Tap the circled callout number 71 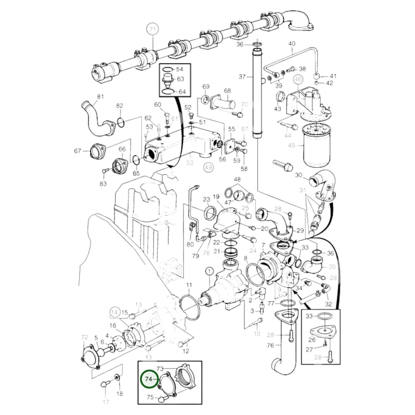153,29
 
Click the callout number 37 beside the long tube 242,77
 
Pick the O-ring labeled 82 121,123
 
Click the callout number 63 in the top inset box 180,79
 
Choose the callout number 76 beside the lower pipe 270,345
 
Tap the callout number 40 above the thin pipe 292,44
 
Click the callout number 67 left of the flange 78,150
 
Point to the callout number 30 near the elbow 299,175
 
